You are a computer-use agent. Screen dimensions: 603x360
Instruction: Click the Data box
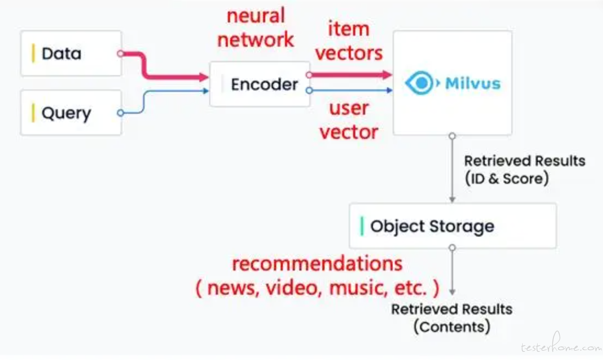(x=71, y=53)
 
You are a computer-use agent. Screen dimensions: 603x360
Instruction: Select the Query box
(x=71, y=113)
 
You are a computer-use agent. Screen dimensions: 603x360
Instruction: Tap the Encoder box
(x=260, y=84)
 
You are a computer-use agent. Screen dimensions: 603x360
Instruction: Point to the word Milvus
(x=473, y=83)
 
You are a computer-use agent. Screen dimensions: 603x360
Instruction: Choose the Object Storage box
(x=453, y=226)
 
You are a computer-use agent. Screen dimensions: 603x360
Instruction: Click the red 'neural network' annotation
(x=256, y=27)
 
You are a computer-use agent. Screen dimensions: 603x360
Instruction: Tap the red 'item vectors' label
(x=349, y=41)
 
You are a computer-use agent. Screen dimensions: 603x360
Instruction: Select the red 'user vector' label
(x=349, y=120)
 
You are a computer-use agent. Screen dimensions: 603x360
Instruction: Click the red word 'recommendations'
(x=317, y=264)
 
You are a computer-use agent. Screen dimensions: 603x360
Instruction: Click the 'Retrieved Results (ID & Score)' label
(x=525, y=170)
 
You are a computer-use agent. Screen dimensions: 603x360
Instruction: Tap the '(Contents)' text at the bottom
(x=452, y=327)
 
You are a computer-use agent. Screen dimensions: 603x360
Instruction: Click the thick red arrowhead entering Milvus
(x=387, y=75)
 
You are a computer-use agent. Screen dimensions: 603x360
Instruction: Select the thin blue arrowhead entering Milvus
(x=389, y=91)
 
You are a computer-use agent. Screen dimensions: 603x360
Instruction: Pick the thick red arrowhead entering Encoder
(x=204, y=77)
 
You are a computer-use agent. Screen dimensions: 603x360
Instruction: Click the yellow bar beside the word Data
(x=33, y=53)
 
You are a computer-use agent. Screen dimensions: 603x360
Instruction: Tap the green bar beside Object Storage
(x=362, y=226)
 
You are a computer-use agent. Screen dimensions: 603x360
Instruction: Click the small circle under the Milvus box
(x=453, y=136)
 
